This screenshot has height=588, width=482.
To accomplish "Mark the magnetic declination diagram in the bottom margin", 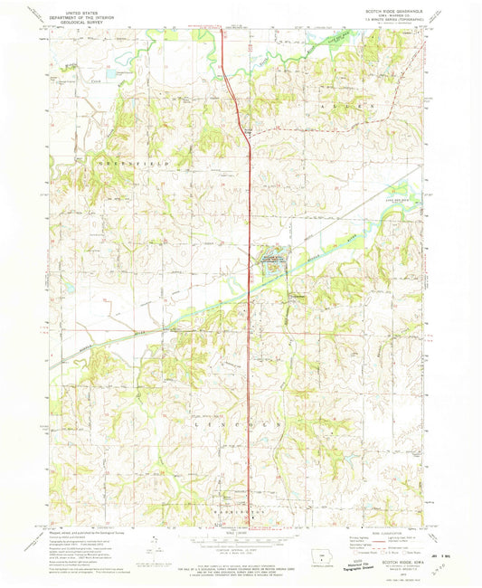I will point(158,545).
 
